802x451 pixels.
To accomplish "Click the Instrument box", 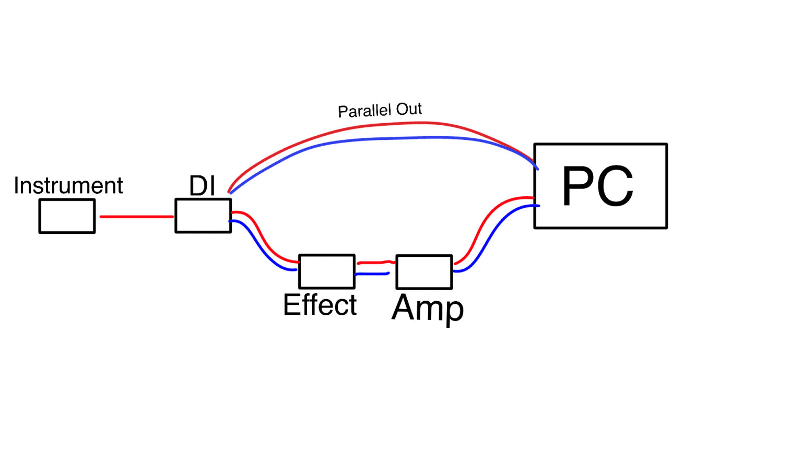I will (67, 216).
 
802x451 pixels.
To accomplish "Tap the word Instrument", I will (68, 186).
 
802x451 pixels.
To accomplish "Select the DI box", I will (203, 216).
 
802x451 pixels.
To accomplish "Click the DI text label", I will (202, 186).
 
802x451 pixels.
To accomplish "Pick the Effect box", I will (327, 271).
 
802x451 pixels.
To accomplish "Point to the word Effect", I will (320, 305).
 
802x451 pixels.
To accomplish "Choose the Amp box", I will (424, 272).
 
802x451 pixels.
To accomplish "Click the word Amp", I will (428, 308).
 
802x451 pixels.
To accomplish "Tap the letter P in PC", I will (577, 186).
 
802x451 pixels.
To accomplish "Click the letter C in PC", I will (615, 186).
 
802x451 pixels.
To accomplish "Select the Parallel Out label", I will (380, 110).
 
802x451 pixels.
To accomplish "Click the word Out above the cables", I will (409, 109).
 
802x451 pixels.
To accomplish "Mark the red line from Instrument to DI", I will (136, 217).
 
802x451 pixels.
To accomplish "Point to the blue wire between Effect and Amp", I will (372, 274).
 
